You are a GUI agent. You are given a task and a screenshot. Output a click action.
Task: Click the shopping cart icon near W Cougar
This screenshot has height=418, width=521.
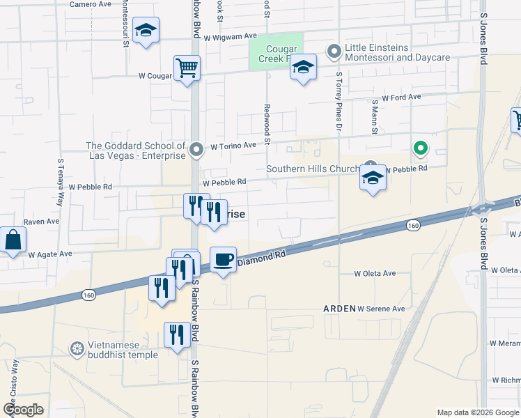(187, 68)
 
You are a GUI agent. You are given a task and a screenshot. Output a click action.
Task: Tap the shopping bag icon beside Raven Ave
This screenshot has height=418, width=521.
(13, 240)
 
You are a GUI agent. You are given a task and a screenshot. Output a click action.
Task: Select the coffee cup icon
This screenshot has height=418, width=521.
(223, 260)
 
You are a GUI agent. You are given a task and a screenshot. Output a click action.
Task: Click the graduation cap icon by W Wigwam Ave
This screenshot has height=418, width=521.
(146, 30)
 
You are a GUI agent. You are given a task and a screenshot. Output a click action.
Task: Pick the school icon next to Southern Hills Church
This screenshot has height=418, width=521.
(373, 178)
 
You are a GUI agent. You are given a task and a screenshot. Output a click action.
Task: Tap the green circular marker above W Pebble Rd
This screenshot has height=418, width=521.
(420, 148)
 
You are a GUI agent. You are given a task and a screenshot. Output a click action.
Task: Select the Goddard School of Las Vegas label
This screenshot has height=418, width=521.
(135, 150)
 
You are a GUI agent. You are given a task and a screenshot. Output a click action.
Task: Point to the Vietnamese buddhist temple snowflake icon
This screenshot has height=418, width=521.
(77, 348)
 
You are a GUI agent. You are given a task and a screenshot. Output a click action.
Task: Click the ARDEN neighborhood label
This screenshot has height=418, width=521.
(338, 308)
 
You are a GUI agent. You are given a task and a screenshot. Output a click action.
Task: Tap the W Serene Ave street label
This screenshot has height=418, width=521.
(381, 308)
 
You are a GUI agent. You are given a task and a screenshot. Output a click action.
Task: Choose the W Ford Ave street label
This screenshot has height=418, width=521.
(401, 98)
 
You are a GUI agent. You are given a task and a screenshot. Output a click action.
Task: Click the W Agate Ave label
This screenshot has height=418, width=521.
(50, 254)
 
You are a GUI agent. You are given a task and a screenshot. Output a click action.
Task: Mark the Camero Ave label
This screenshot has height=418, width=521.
(91, 4)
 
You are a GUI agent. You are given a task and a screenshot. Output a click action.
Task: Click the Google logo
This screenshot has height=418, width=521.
(23, 410)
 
